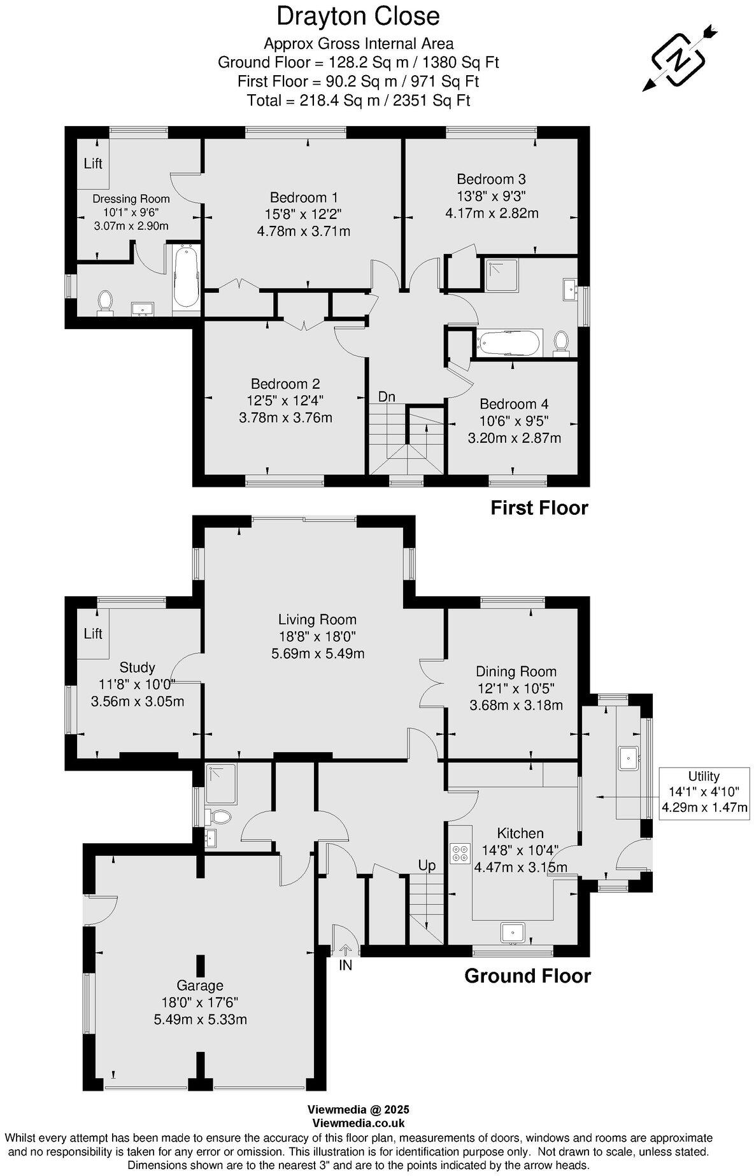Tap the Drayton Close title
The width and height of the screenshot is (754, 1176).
(358, 16)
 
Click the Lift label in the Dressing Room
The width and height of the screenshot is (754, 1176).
(93, 164)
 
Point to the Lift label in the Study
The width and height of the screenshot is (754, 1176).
(93, 633)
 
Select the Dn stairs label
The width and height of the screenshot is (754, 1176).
(387, 396)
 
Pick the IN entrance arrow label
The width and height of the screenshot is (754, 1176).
(345, 965)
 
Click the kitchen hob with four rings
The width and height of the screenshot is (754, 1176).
(459, 853)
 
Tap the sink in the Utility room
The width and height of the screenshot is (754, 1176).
(630, 757)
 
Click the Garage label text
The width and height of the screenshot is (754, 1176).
(200, 985)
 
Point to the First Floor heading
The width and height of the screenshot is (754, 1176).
(539, 508)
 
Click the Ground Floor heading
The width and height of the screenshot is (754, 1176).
(527, 976)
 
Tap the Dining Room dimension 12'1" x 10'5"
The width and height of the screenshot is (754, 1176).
(516, 688)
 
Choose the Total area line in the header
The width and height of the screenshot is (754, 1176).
(358, 100)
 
